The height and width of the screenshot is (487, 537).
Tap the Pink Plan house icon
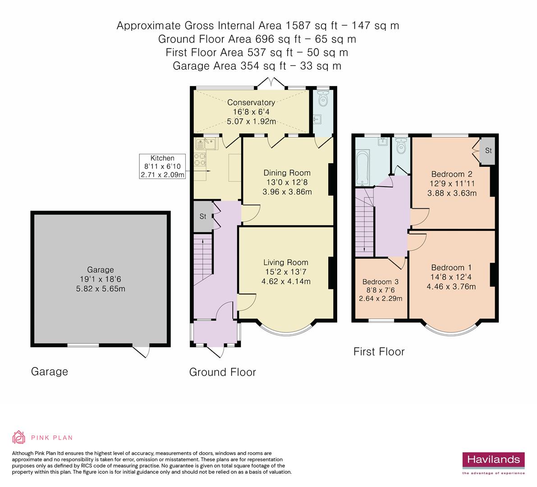pos(19,437)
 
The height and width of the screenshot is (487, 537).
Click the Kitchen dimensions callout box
pos(162,166)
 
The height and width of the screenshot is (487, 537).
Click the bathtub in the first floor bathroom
pos(363,168)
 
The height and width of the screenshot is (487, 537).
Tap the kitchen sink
pos(206,144)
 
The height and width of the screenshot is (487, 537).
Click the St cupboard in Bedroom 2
pos(488,151)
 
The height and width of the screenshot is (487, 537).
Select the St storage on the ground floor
pos(203,216)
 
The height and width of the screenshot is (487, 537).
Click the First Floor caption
pos(379,352)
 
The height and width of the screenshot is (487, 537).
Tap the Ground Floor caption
pos(223,372)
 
